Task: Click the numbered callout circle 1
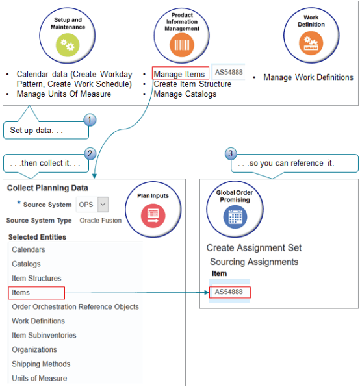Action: coord(90,120)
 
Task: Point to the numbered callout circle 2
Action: coord(90,154)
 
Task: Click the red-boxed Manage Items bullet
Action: coord(179,73)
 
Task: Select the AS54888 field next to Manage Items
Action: coord(228,73)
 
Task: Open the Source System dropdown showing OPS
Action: coord(92,205)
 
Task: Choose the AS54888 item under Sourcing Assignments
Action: coord(229,292)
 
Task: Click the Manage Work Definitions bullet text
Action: coord(308,77)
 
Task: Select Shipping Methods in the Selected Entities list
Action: coord(40,364)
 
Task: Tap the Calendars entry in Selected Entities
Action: coord(29,249)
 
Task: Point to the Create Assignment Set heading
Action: coord(253,247)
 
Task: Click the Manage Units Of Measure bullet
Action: coord(64,94)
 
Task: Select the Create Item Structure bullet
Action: coord(192,84)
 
